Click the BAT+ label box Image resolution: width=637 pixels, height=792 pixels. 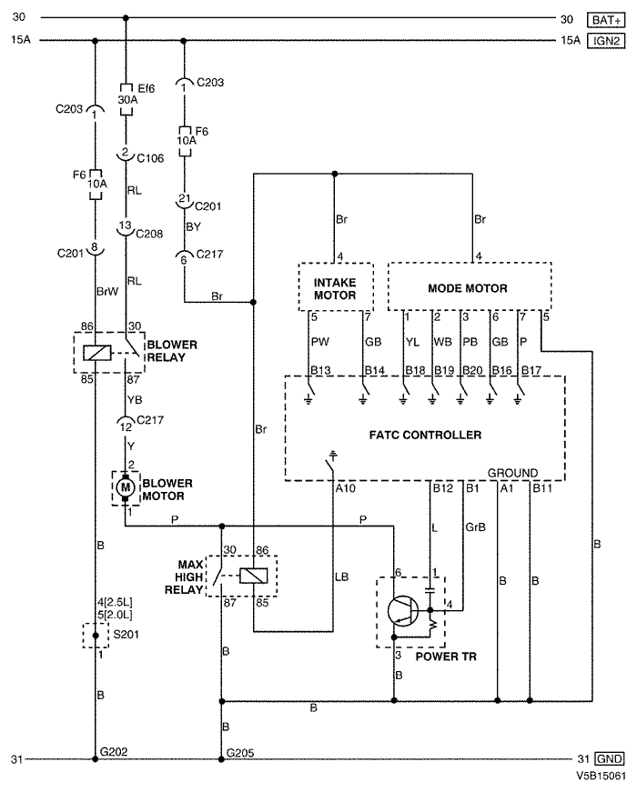606,20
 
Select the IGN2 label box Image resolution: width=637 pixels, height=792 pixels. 606,40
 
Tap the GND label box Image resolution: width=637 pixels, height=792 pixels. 609,758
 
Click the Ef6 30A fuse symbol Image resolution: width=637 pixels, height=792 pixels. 126,99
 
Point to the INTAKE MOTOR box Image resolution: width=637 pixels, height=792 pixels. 336,287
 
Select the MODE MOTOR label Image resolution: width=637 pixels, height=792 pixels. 468,288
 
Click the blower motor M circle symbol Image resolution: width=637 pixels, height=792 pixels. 125,488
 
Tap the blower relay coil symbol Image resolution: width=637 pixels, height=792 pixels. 97,353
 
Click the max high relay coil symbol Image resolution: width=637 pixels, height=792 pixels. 253,576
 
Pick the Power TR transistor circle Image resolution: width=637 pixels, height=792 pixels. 403,611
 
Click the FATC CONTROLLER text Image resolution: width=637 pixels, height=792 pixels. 425,435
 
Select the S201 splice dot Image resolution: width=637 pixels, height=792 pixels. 95,636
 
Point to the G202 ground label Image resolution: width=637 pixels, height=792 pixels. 114,752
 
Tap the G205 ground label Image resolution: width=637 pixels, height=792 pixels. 240,753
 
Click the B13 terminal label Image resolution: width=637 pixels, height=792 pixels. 320,370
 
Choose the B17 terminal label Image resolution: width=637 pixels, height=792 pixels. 531,370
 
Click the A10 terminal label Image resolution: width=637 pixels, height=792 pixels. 345,488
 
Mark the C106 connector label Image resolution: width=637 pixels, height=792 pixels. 151,158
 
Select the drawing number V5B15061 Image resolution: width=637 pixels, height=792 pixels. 601,776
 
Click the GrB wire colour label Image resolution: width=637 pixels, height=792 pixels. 475,526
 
